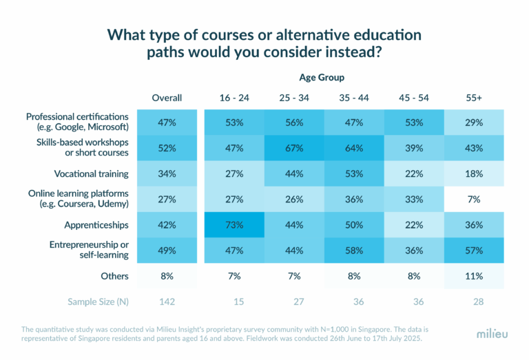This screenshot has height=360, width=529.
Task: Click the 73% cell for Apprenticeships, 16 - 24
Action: pos(234,224)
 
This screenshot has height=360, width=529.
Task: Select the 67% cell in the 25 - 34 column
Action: pos(294,147)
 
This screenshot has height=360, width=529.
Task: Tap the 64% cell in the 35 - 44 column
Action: pos(354,147)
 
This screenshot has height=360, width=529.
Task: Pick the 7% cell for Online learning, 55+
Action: pos(473,199)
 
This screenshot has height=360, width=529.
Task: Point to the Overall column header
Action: pos(167,98)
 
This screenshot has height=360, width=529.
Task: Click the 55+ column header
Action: pos(473,98)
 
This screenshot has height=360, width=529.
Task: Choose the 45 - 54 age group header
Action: pos(413,98)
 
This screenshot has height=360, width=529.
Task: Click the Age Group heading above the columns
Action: pos(322,77)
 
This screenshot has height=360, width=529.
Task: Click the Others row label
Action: pos(114,276)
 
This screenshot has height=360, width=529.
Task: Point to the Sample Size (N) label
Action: pos(98,301)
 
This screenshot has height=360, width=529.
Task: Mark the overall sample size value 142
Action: pos(167,301)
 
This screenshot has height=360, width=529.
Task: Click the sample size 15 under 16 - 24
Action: pos(234,301)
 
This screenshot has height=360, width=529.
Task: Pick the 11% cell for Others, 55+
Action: pos(473,276)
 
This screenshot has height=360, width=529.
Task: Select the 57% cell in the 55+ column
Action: pos(473,251)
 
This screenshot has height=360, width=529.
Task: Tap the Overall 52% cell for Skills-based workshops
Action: pos(167,147)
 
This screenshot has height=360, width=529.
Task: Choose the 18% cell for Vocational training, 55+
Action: pos(473,173)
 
